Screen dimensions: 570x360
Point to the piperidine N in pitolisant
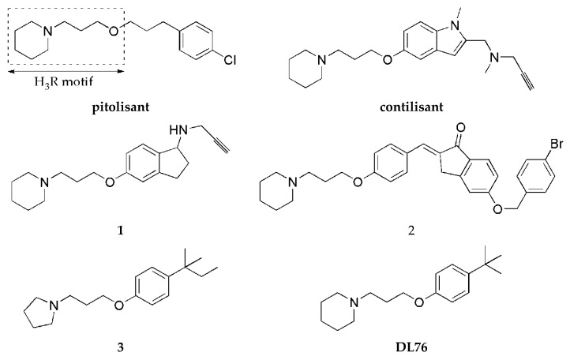point(47,31)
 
